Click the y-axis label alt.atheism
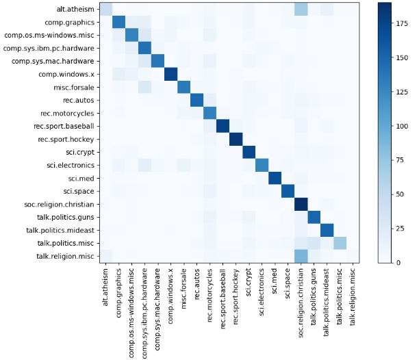click(75, 9)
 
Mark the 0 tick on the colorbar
click(394, 262)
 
